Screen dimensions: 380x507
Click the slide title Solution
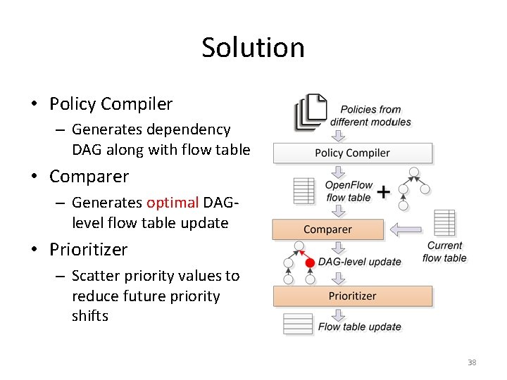click(x=253, y=48)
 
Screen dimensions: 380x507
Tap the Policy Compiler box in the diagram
click(x=352, y=153)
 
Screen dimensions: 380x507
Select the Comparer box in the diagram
click(x=327, y=229)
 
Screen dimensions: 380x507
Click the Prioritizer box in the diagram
click(x=352, y=296)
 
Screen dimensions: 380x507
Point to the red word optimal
click(x=173, y=203)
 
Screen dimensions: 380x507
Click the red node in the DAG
click(x=309, y=262)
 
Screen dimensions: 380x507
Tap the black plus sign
click(x=384, y=192)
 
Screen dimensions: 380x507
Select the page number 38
click(x=472, y=362)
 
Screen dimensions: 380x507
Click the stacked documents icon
click(x=311, y=113)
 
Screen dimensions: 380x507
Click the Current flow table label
click(x=444, y=251)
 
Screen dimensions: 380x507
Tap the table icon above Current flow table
click(x=444, y=223)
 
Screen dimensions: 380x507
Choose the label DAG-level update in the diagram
click(x=359, y=262)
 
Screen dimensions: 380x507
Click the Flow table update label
click(x=359, y=327)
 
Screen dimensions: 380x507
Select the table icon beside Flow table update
click(x=298, y=324)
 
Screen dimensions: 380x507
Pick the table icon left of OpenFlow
click(x=303, y=191)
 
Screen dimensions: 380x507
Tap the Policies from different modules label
click(x=370, y=115)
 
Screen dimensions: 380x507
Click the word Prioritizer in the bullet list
click(x=89, y=250)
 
